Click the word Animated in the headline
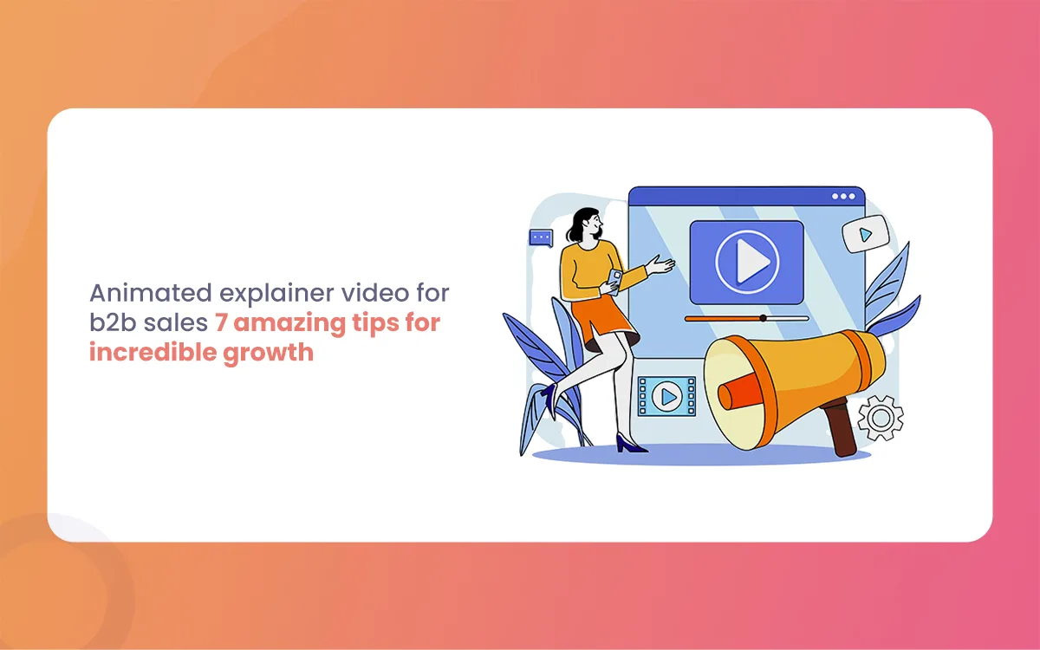(151, 293)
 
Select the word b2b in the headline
(113, 322)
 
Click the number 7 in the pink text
(221, 322)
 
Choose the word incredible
(153, 353)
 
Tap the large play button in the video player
(746, 263)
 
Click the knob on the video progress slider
(763, 319)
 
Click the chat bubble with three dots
(542, 237)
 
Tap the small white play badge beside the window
(866, 235)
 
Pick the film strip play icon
(666, 397)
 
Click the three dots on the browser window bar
(843, 197)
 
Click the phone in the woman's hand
(614, 281)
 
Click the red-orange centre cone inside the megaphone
(740, 393)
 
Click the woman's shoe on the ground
(631, 444)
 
